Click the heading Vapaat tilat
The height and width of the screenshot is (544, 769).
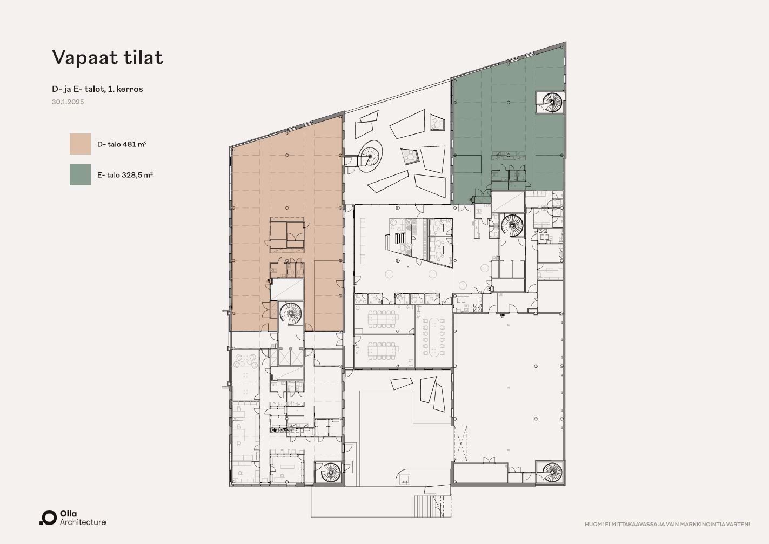[x=108, y=57]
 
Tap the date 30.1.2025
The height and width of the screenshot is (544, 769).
[x=68, y=102]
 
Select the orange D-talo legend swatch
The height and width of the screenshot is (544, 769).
[x=80, y=144]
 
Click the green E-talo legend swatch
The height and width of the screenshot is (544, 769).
[x=80, y=174]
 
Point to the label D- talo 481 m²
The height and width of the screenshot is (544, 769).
[x=122, y=144]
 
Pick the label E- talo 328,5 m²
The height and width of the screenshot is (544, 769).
[x=125, y=175]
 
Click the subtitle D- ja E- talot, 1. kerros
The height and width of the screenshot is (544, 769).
[x=97, y=89]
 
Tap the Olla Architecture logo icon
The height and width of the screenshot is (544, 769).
[x=48, y=518]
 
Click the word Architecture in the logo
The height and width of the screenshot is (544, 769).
[x=83, y=522]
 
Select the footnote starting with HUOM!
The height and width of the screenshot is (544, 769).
[x=667, y=525]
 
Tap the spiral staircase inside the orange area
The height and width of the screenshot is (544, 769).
[x=290, y=313]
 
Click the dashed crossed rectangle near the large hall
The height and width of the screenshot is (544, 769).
[x=460, y=444]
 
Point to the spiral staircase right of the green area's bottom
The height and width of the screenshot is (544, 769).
[x=512, y=225]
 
